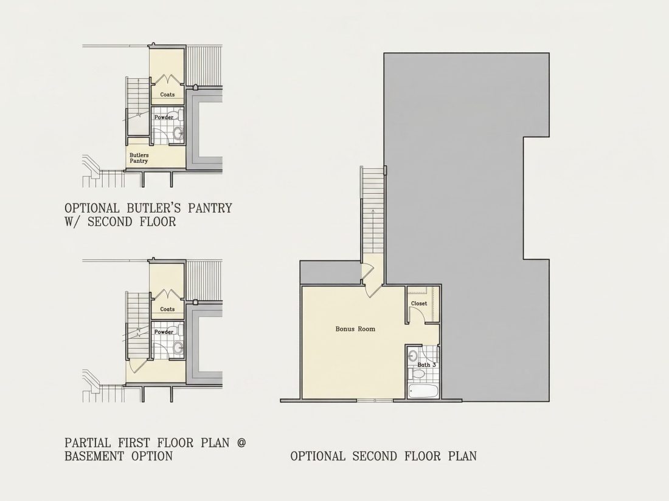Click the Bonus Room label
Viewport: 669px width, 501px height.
coord(355,329)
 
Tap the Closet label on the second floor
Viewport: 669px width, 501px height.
coord(418,303)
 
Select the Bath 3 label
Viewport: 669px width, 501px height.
coord(426,365)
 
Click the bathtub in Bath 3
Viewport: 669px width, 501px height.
coord(422,391)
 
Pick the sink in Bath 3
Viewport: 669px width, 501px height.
coord(412,355)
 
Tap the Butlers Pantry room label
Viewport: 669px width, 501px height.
coord(139,158)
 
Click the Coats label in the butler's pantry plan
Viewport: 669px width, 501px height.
coord(167,94)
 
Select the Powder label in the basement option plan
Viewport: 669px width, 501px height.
coord(164,332)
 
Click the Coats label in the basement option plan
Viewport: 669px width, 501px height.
coord(167,309)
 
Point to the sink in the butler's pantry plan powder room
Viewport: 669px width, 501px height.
coord(178,134)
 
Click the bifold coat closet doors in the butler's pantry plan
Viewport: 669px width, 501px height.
coord(167,80)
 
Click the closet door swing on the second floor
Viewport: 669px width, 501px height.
coord(417,315)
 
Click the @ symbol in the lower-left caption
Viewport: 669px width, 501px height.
coord(241,443)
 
